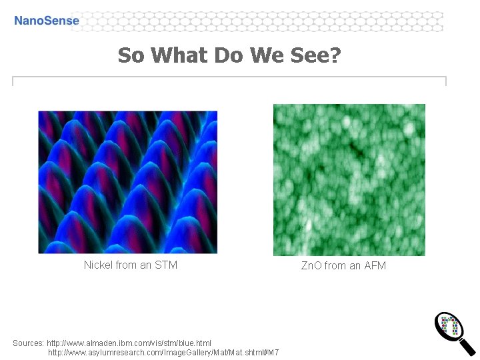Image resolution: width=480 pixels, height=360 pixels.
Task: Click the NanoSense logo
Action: pos(47,21)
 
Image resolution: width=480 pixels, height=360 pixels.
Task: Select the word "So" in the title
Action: pos(131,55)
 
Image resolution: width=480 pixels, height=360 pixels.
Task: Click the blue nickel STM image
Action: pos(128,181)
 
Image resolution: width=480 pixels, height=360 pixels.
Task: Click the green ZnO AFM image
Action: pos(349,180)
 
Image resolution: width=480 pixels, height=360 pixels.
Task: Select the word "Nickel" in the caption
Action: pos(98,265)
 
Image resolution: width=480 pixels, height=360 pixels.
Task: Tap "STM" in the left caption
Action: pos(166,265)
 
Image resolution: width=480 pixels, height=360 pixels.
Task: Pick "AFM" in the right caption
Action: pos(375,266)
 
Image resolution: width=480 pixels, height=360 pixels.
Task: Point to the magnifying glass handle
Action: pos(468,347)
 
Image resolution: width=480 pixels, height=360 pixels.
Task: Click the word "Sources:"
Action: pos(28,343)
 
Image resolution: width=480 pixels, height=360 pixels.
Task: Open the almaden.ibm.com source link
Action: pos(129,343)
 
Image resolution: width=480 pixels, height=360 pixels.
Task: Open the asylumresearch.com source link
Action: pos(163,351)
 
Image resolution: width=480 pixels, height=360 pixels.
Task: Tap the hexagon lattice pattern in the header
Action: pos(267,21)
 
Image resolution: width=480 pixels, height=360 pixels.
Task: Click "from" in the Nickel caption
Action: pos(127,265)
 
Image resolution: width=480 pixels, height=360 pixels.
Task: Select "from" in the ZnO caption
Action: pos(336,266)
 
